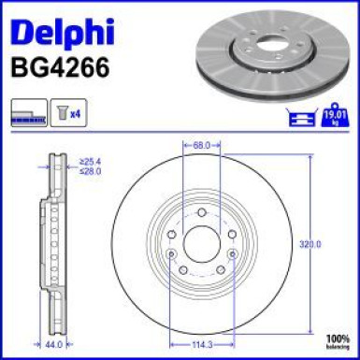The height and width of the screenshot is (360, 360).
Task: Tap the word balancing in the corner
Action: [x=338, y=345]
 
